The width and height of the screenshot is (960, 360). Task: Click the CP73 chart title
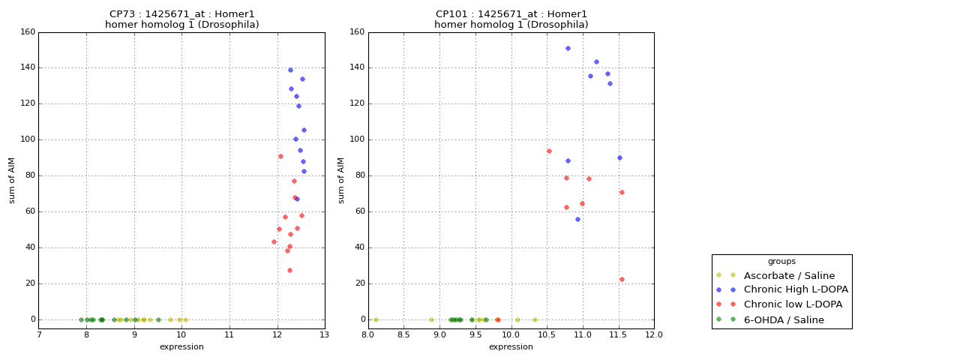(181, 19)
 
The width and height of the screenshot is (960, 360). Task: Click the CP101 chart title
(511, 19)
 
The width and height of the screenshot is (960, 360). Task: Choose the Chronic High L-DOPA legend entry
(796, 289)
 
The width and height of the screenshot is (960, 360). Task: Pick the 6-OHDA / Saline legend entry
(784, 320)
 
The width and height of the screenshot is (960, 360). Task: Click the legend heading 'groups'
(781, 262)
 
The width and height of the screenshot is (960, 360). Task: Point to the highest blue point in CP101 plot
(568, 48)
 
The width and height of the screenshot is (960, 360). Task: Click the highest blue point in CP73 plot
(290, 70)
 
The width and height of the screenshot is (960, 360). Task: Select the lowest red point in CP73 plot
(289, 270)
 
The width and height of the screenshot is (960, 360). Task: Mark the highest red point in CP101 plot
(549, 151)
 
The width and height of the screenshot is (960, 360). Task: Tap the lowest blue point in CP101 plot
(577, 219)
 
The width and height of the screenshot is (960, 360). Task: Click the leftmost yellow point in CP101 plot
(376, 319)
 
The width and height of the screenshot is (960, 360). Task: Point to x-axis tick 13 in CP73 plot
(325, 334)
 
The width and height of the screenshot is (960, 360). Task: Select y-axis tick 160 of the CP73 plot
(28, 32)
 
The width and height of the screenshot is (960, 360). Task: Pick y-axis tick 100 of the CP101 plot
(357, 139)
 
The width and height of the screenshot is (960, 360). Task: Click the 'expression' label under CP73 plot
(181, 346)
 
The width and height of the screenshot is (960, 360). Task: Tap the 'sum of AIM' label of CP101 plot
(341, 180)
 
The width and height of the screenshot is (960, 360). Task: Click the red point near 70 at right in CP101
(622, 192)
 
